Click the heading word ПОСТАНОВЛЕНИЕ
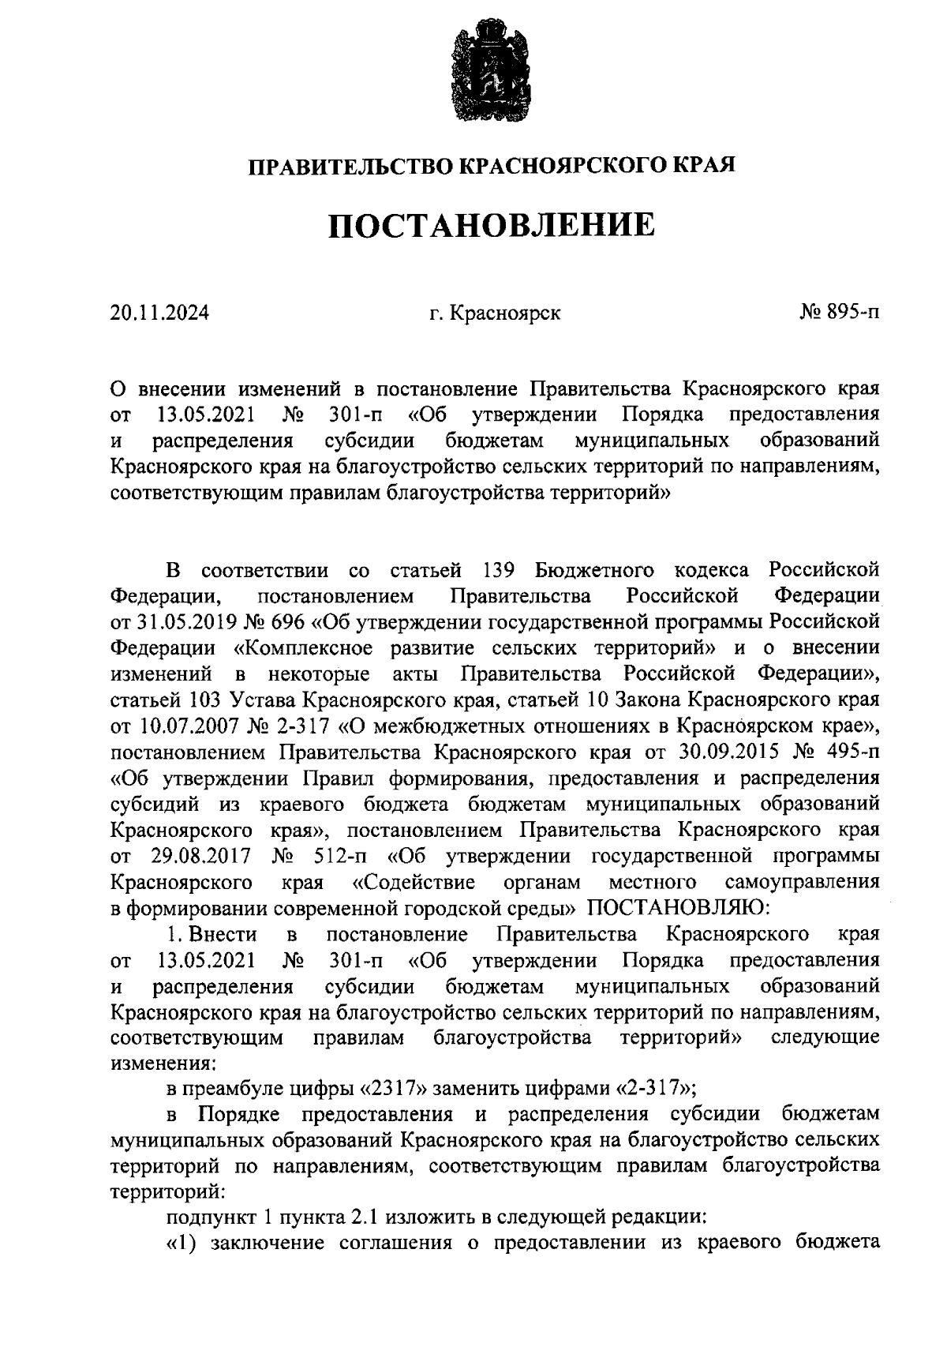pos(492,225)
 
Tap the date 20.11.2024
pos(160,313)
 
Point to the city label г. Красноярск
pos(495,313)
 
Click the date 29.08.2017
pos(200,856)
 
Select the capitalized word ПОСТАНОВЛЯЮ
pos(674,907)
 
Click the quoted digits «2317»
pos(394,1089)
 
